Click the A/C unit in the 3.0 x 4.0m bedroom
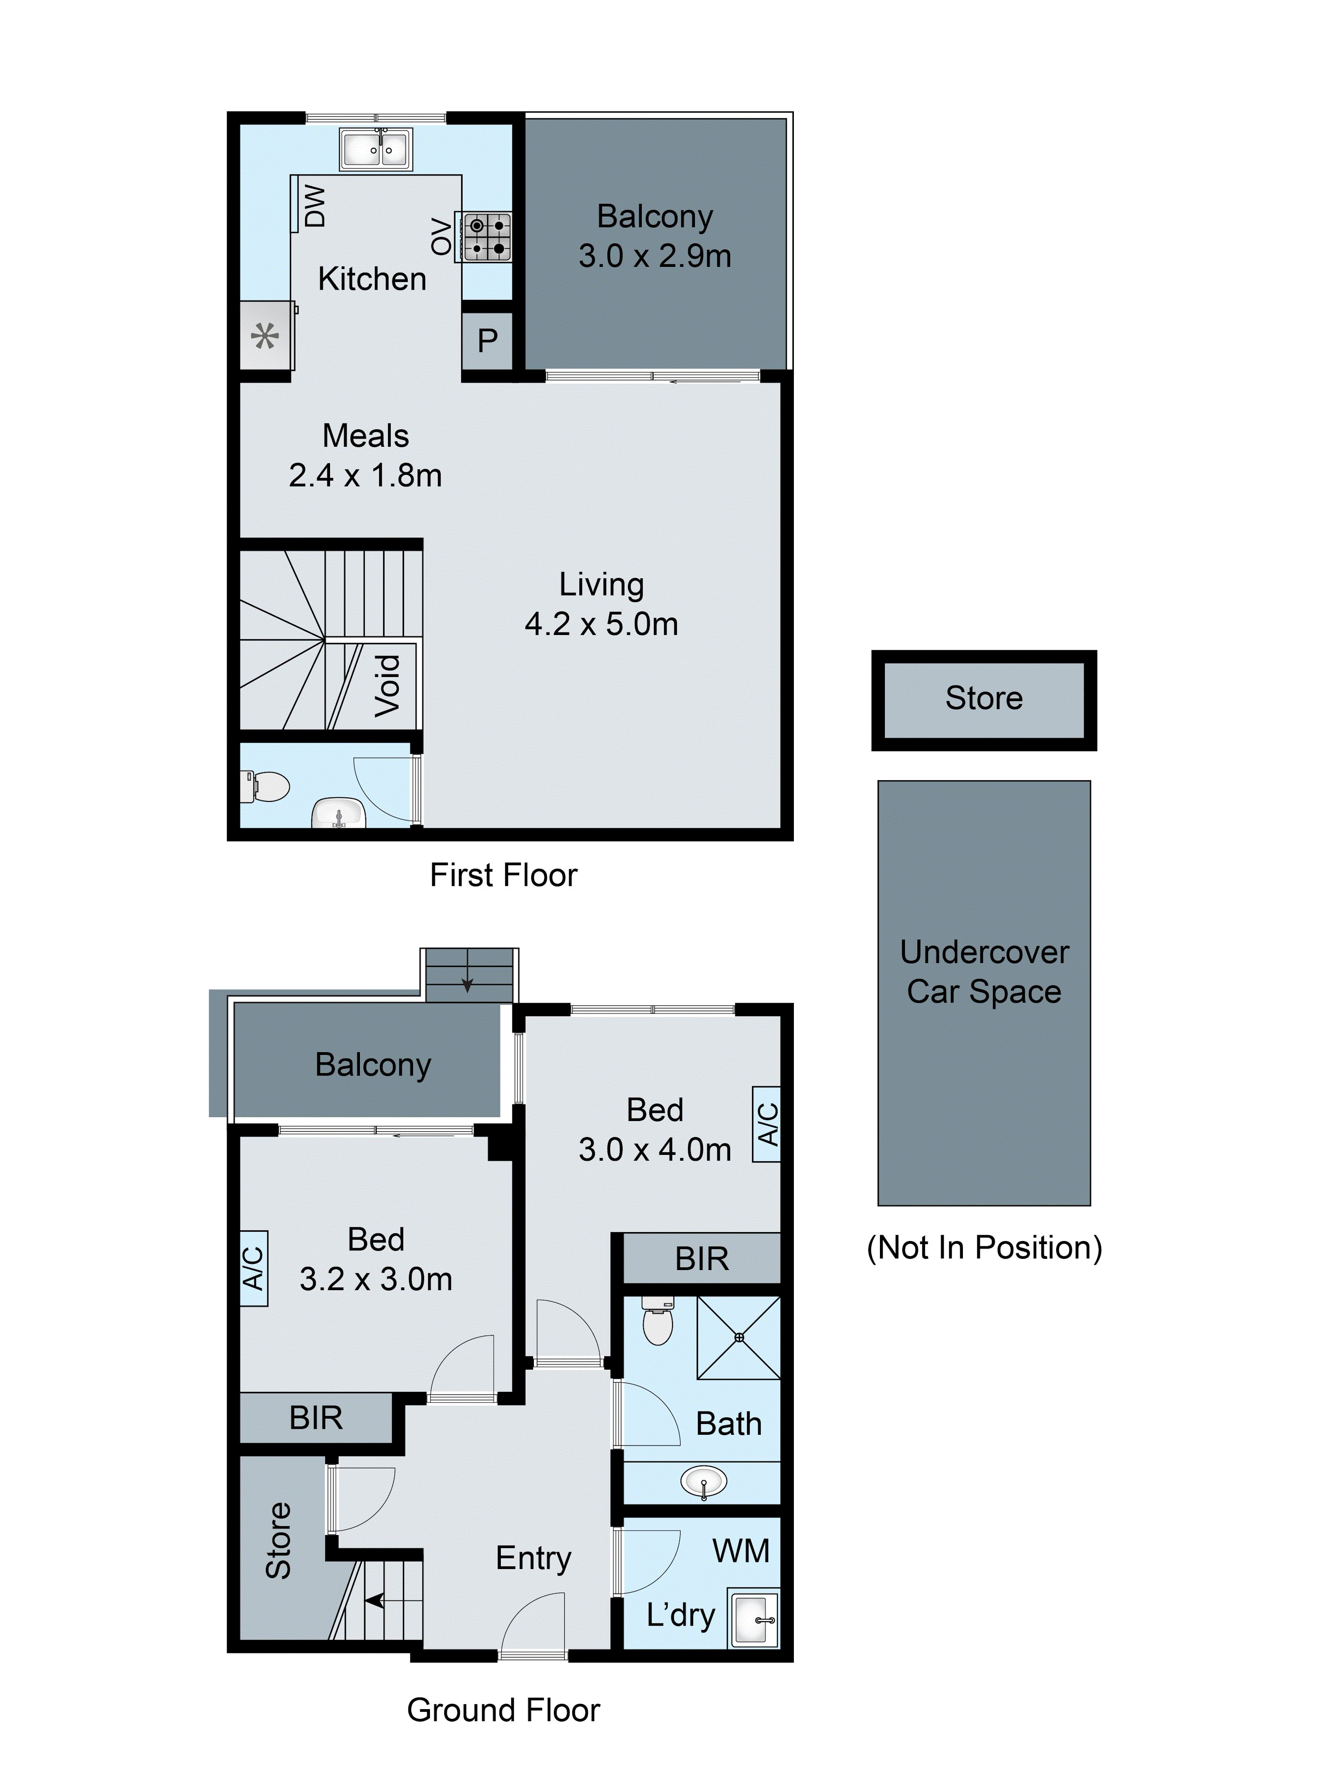[766, 1124]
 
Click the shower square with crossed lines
[738, 1337]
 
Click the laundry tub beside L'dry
[753, 1618]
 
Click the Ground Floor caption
[503, 1710]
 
